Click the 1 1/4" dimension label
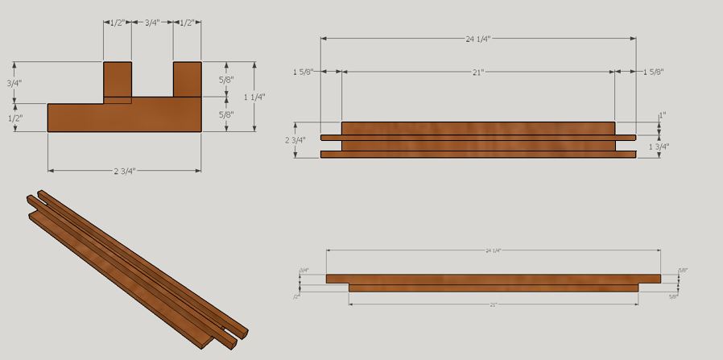click(254, 97)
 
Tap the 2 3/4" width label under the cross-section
click(124, 171)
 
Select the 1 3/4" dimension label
click(658, 147)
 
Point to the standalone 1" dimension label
click(662, 116)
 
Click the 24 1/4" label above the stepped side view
click(493, 251)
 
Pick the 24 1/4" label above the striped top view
click(478, 38)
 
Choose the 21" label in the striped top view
click(478, 72)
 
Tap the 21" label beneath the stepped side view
click(493, 304)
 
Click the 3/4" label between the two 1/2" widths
click(151, 23)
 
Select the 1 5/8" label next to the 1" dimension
click(654, 72)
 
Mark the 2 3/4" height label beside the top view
click(295, 140)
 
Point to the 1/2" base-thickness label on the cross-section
click(14, 118)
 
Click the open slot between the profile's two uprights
click(151, 81)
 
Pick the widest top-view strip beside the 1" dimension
click(478, 127)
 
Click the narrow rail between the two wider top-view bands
click(478, 138)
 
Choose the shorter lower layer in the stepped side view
click(493, 288)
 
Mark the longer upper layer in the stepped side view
click(493, 279)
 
